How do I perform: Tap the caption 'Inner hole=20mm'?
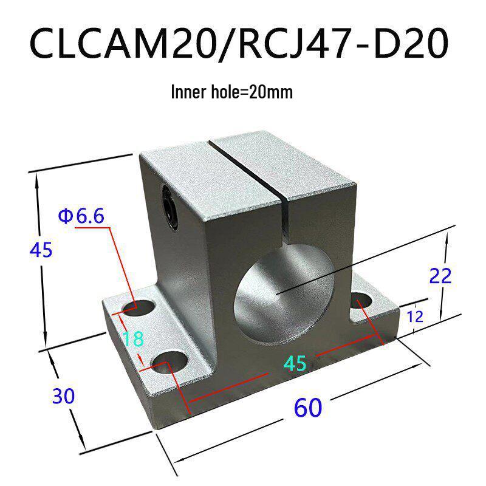(x=233, y=92)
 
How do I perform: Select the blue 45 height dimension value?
(x=41, y=249)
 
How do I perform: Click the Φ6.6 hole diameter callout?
(x=81, y=216)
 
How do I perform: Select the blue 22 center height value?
(x=440, y=276)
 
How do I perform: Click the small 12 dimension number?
(x=415, y=316)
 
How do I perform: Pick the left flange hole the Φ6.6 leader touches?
(x=137, y=307)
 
